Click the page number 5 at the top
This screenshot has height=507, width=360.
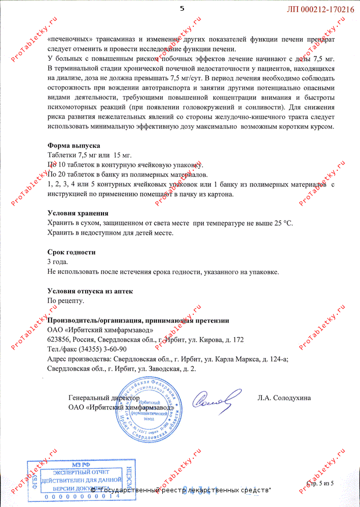[182, 9]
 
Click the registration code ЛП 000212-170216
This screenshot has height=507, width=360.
[321, 9]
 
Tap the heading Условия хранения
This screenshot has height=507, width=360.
[78, 213]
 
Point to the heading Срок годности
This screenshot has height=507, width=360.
[71, 252]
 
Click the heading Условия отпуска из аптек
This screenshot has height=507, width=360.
[90, 291]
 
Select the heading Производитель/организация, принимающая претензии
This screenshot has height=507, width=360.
[138, 320]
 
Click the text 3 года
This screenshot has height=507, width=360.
[57, 262]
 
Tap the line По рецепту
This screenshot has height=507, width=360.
[65, 301]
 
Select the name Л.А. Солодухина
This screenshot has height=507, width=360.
[284, 398]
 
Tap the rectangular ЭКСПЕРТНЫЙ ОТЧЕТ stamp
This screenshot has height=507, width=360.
[74, 478]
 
